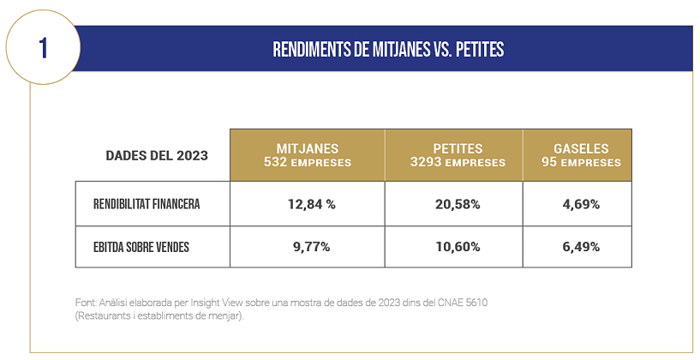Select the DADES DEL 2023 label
156,156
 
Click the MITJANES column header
308,148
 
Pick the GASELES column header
581,148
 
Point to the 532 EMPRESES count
308,162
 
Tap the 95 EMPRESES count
581,162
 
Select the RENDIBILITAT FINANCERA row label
147,204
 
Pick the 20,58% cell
453,204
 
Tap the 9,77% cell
308,247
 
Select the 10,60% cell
453,247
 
